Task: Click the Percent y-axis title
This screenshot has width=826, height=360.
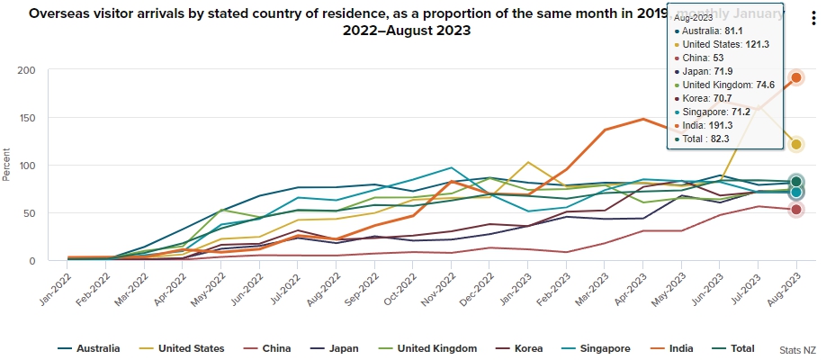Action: [7, 166]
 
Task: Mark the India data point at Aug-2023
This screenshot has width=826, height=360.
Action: [796, 78]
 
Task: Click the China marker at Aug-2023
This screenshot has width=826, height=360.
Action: [796, 210]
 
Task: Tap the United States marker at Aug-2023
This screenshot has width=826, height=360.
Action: [796, 145]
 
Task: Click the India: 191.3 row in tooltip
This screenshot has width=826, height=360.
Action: [718, 126]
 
